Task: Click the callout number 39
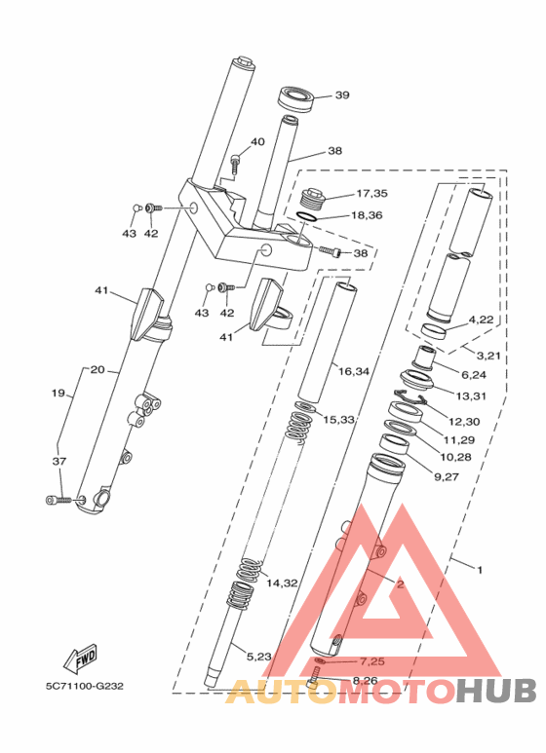pyautogui.click(x=342, y=95)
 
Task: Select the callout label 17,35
pyautogui.click(x=371, y=194)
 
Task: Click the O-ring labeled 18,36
pyautogui.click(x=306, y=216)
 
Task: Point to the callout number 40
pyautogui.click(x=257, y=141)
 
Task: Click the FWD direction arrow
pyautogui.click(x=81, y=656)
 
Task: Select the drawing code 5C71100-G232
pyautogui.click(x=85, y=686)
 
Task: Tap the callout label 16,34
pyautogui.click(x=353, y=371)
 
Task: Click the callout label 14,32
pyautogui.click(x=282, y=583)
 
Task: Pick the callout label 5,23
pyautogui.click(x=259, y=657)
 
